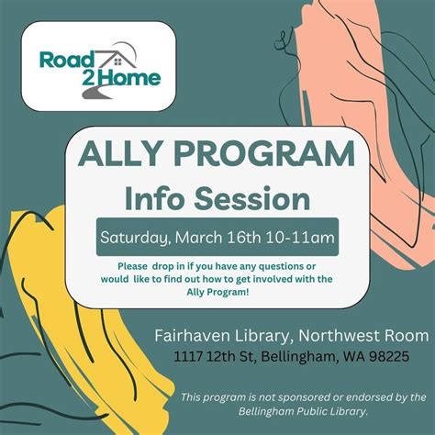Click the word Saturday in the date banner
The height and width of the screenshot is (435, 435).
(133, 238)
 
